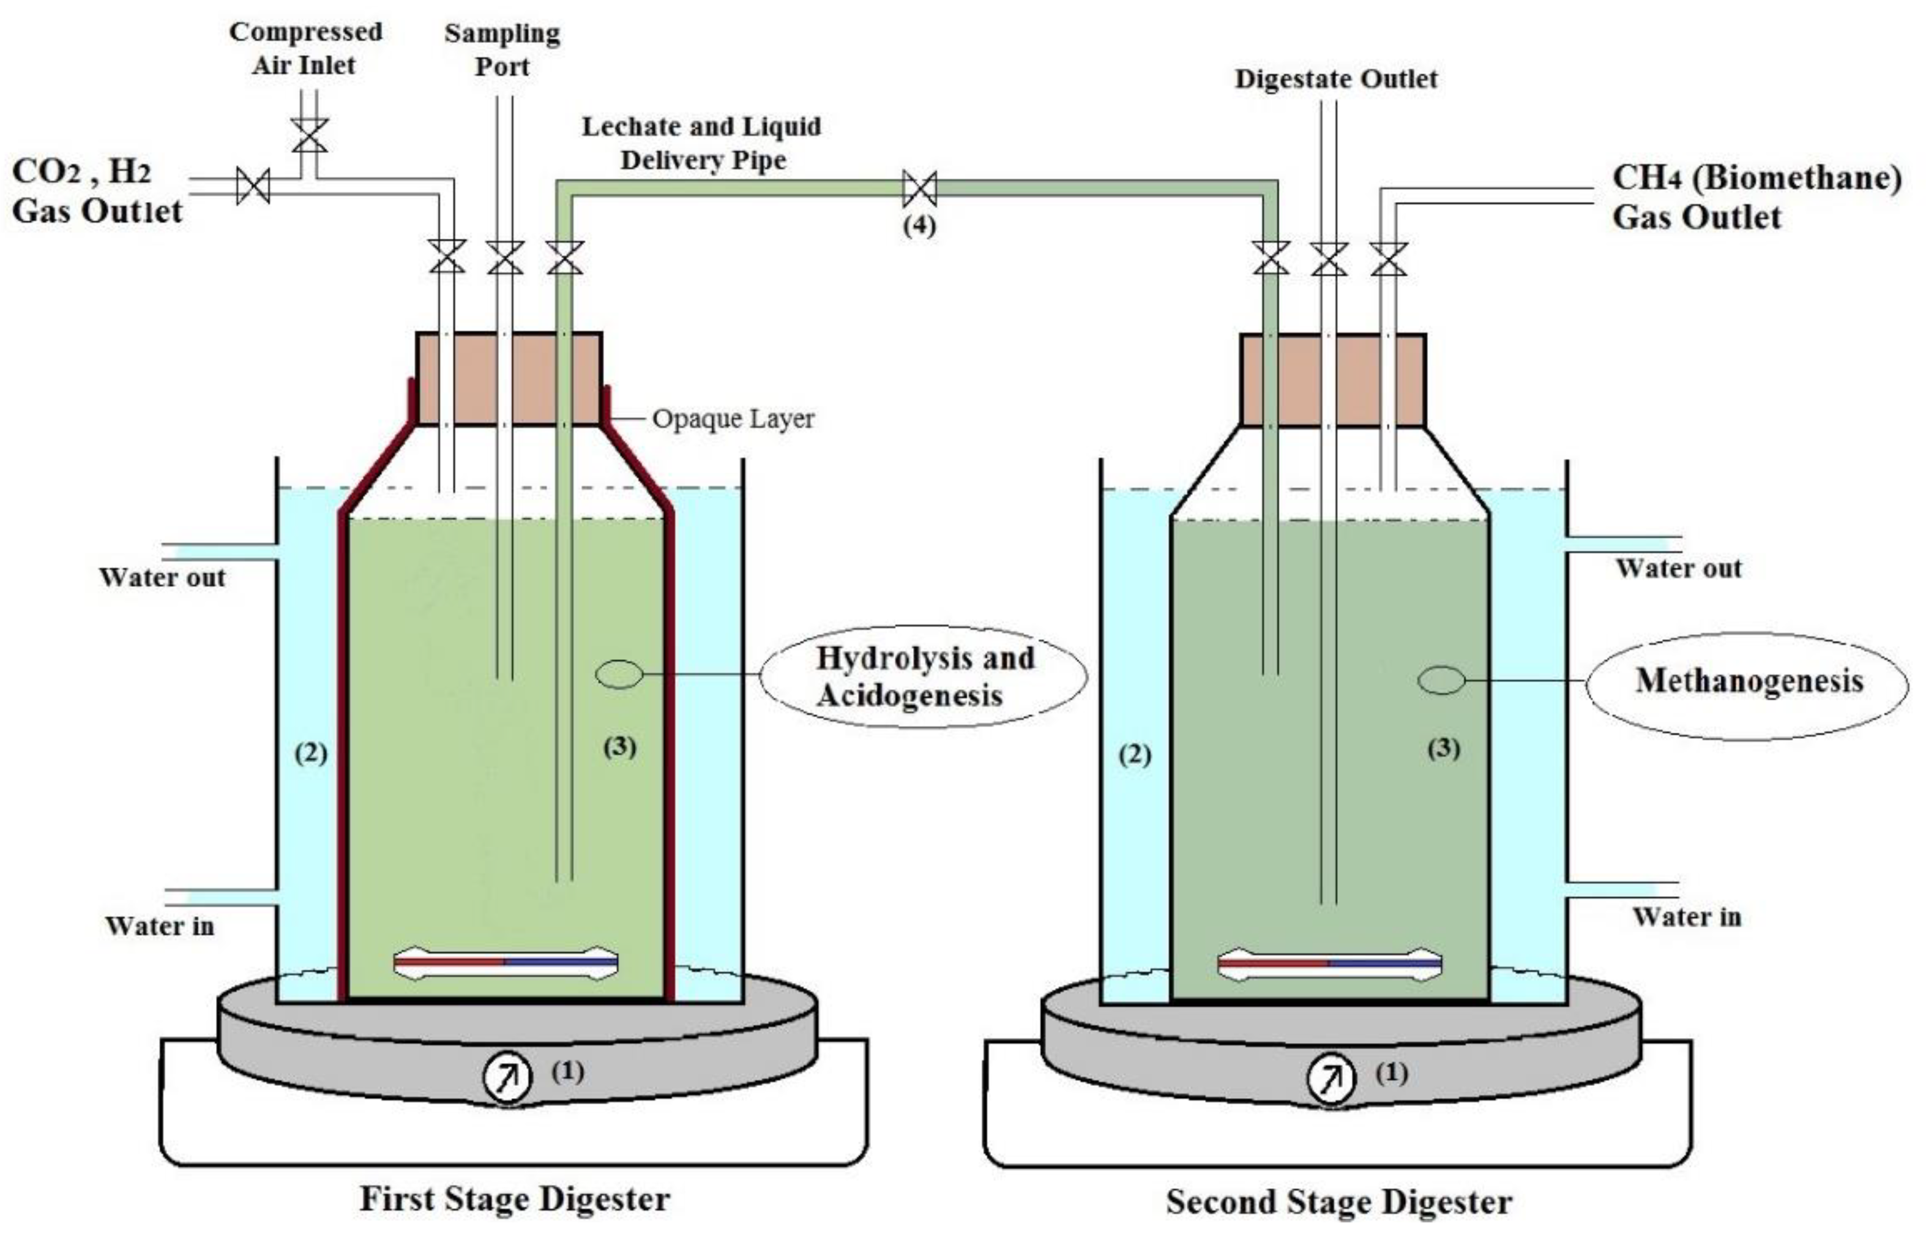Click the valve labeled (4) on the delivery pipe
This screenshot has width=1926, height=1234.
pyautogui.click(x=919, y=189)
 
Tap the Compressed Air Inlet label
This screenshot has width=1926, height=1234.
pyautogui.click(x=305, y=48)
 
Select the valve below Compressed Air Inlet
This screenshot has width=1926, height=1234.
pyautogui.click(x=309, y=135)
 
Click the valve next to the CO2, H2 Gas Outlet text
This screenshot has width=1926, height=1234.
pyautogui.click(x=253, y=187)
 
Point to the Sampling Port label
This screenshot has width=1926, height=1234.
pyautogui.click(x=502, y=50)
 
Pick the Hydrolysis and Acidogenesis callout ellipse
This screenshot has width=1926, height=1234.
pyautogui.click(x=923, y=676)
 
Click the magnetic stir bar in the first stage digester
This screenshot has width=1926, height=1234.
pyautogui.click(x=506, y=962)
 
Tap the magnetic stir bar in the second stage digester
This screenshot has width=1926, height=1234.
pyautogui.click(x=1329, y=964)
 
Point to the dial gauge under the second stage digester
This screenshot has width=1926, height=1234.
pyautogui.click(x=1331, y=1079)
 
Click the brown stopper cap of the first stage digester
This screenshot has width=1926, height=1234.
pyautogui.click(x=509, y=378)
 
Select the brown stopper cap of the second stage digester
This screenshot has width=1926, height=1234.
pyautogui.click(x=1332, y=380)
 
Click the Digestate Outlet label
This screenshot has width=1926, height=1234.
pyautogui.click(x=1335, y=78)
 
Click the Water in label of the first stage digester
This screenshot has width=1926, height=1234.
pyautogui.click(x=160, y=926)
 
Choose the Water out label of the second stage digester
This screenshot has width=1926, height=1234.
pyautogui.click(x=1678, y=568)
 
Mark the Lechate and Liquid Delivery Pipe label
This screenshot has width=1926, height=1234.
pyautogui.click(x=702, y=143)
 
